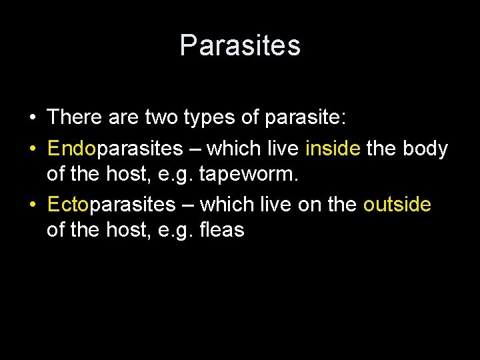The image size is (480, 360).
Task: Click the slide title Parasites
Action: pos(240,45)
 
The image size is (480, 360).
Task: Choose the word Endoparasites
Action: pos(114,148)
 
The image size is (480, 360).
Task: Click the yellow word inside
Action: pos(332,148)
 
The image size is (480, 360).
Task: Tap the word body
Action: pos(425,148)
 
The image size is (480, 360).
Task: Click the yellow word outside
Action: pos(397,204)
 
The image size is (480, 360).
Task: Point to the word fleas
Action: pos(222,231)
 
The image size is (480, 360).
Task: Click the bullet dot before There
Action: pos(32,119)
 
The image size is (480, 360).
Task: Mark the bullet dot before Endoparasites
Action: pos(32,148)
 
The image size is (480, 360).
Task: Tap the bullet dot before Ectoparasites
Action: pos(32,204)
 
